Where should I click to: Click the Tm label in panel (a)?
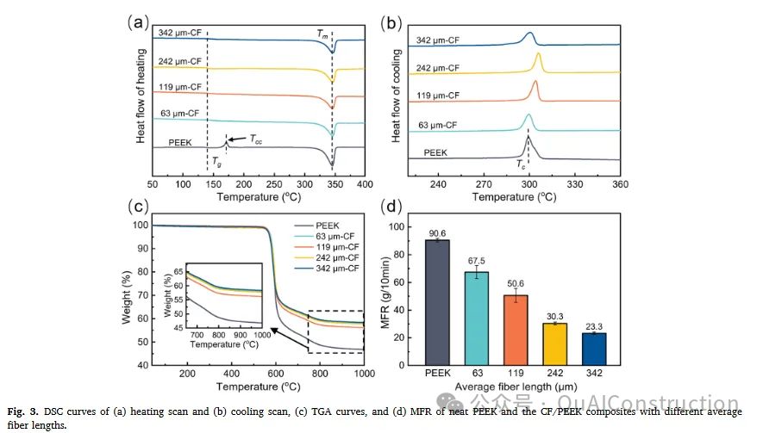pyautogui.click(x=322, y=34)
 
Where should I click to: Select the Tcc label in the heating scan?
pyautogui.click(x=256, y=138)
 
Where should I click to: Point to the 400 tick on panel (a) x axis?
pyautogui.click(x=365, y=184)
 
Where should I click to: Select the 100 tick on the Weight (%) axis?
pyautogui.click(x=138, y=226)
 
